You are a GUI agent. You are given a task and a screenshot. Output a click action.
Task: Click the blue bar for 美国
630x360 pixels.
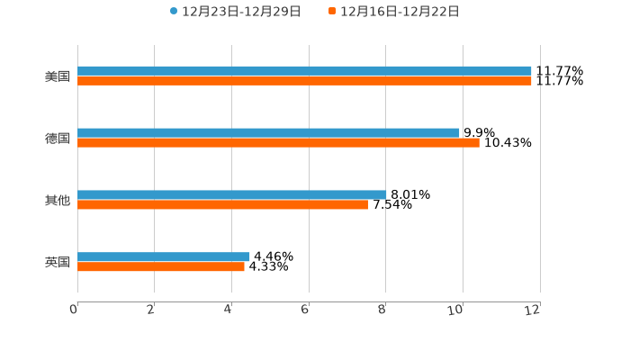[304, 70]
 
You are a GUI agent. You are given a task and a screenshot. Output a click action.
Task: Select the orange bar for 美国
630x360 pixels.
[304, 81]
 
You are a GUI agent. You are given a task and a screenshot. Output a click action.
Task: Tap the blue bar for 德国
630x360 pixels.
[268, 132]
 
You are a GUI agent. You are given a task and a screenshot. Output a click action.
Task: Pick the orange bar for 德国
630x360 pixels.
[278, 143]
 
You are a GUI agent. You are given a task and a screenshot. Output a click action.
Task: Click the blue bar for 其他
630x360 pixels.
[232, 194]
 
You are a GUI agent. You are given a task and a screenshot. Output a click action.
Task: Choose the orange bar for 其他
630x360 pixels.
[222, 205]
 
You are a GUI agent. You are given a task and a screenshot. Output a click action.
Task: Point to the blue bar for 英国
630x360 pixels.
[164, 256]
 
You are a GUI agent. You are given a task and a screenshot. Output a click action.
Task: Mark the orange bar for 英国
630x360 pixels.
[161, 267]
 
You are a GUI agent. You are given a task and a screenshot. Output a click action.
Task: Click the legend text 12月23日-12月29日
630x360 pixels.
[241, 12]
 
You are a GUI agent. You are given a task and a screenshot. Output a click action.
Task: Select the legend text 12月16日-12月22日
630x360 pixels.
[400, 12]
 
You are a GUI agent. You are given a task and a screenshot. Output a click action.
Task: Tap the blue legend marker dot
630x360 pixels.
[174, 12]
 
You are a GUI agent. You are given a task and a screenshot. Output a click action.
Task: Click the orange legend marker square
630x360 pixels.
[332, 12]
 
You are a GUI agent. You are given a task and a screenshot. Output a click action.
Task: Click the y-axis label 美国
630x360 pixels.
[58, 76]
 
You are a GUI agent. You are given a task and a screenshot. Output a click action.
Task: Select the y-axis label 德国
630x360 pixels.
[58, 139]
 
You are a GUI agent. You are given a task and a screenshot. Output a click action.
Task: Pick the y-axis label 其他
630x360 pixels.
[58, 201]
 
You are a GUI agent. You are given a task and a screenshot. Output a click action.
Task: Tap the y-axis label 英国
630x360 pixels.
[58, 263]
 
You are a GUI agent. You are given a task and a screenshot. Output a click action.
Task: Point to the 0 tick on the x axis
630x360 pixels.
[74, 310]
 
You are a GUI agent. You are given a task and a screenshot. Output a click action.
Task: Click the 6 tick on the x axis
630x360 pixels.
[305, 310]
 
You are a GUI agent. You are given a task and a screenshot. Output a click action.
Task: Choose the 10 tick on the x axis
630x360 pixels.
[456, 310]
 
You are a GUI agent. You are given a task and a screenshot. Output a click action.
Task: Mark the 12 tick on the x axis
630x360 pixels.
[533, 310]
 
